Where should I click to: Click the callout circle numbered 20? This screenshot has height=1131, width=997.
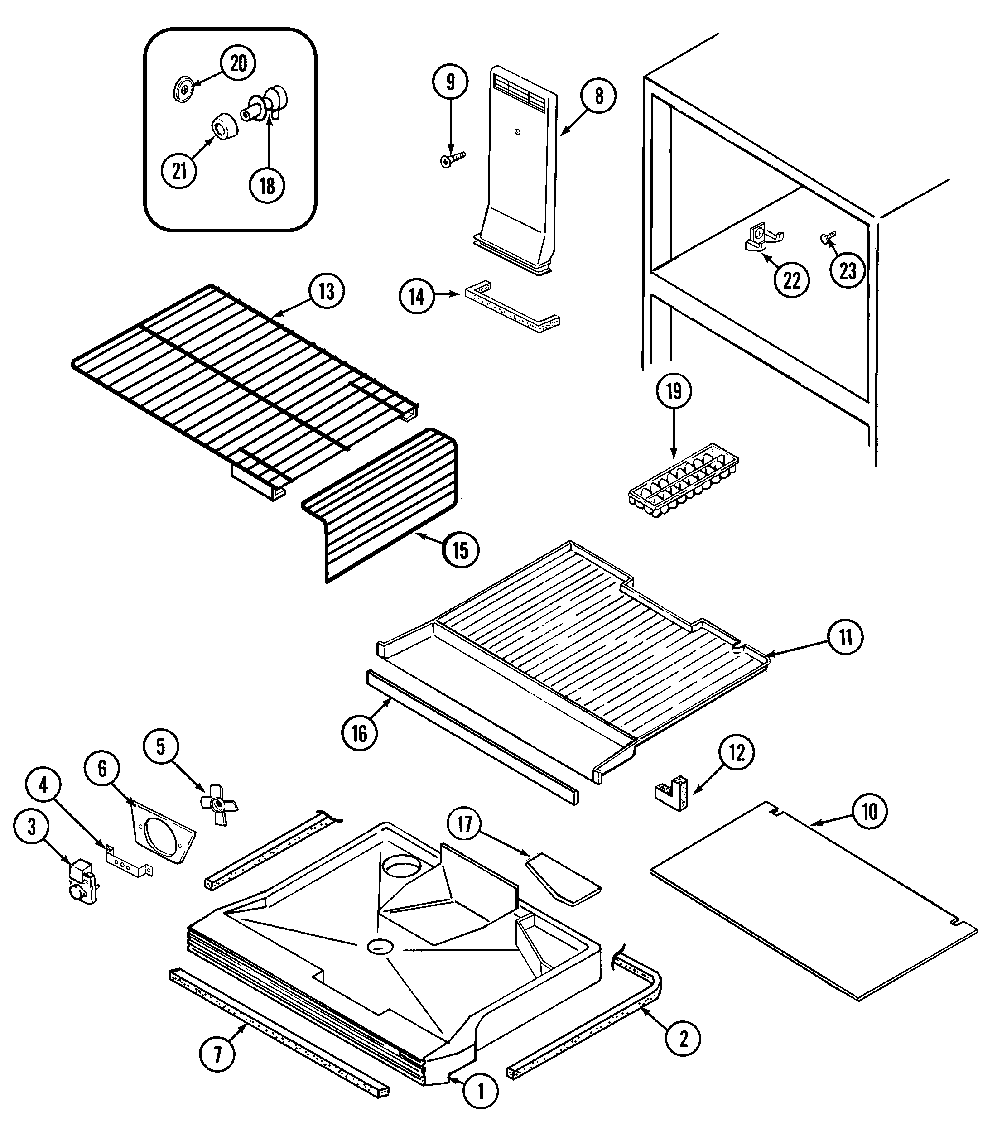(x=238, y=63)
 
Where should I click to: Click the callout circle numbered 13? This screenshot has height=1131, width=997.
(x=327, y=291)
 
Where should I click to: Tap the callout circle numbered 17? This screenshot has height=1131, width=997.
(x=465, y=824)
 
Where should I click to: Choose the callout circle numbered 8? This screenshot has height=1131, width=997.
(x=599, y=96)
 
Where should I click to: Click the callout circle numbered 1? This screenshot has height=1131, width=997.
(x=481, y=1091)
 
